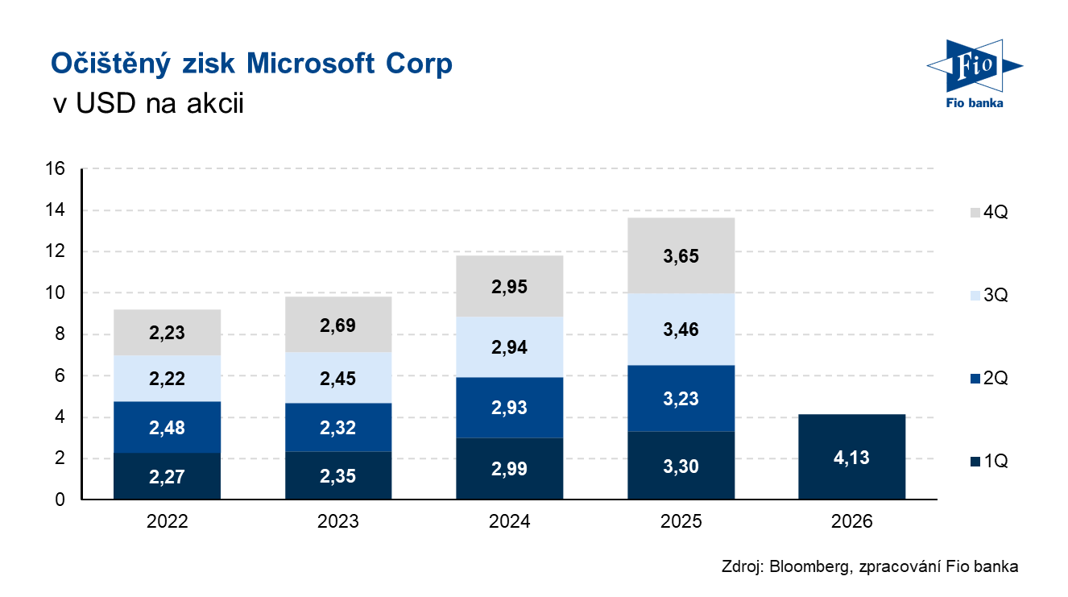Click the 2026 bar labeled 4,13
tap(851, 457)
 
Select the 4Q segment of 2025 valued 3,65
tap(681, 256)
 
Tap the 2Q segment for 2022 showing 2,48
tap(168, 427)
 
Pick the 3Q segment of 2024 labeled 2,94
tap(509, 347)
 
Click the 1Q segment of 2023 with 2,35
tap(338, 475)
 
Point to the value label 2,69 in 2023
tap(338, 326)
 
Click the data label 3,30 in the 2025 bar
tap(681, 468)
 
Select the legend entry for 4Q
tap(989, 213)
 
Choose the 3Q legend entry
tap(989, 296)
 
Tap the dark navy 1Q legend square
tap(975, 461)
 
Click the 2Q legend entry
tap(989, 378)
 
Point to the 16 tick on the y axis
tap(56, 169)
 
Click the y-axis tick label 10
tap(56, 293)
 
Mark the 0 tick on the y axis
tap(60, 500)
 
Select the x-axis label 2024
tap(509, 522)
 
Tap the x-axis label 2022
tap(168, 522)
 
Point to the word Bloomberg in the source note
tap(808, 566)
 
